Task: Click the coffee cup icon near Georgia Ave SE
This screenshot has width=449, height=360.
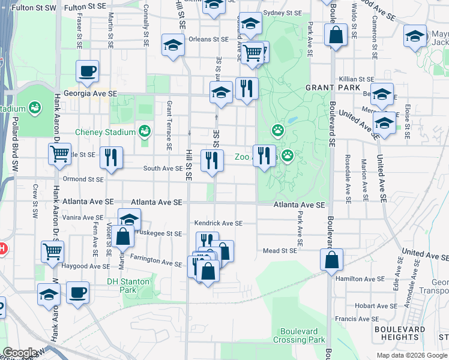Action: coord(87,71)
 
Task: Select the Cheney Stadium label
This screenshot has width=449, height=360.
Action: coord(105,132)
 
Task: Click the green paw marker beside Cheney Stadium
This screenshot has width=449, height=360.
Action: coord(144,131)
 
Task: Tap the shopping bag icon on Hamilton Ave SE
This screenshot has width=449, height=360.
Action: coord(332,260)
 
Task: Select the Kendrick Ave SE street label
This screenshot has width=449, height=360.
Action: coord(218,223)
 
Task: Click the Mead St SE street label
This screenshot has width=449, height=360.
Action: coord(280,250)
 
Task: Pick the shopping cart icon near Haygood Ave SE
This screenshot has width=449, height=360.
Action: coord(52,251)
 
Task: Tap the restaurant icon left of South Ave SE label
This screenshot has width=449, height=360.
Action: coord(110,158)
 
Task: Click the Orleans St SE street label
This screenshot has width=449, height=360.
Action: coord(208,39)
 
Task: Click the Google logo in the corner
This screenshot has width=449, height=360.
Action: coord(19,353)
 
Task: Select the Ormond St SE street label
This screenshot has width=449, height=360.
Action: coord(84,179)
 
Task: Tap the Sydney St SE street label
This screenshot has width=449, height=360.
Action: coord(283,13)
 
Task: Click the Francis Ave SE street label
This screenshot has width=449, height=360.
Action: coord(356,319)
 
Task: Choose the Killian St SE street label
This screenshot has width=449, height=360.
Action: coord(357,79)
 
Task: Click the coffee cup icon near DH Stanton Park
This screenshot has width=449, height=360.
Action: coord(77,293)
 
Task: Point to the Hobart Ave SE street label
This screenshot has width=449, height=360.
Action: coord(372,305)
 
